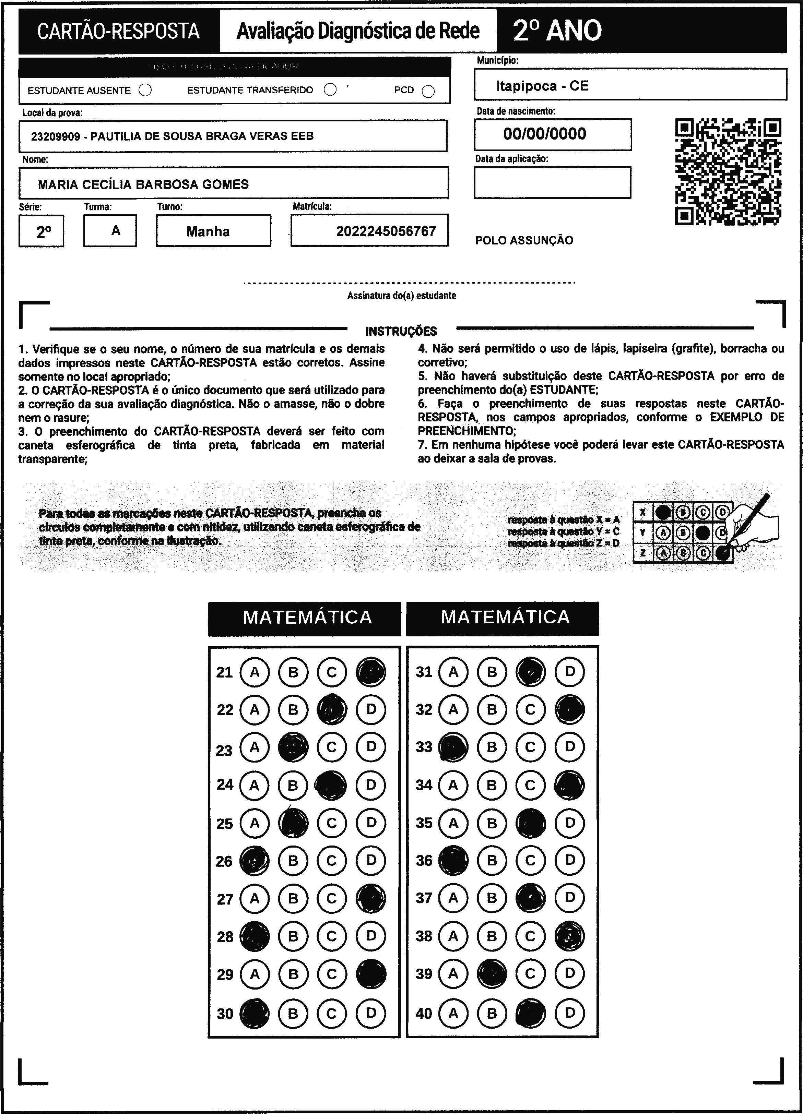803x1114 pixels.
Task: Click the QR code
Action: coord(728,171)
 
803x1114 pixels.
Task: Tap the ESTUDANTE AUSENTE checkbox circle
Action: coord(145,91)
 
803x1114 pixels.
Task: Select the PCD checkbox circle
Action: coord(428,91)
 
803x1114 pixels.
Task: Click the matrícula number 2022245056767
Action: coord(386,231)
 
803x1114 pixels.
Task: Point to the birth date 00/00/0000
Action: coord(544,134)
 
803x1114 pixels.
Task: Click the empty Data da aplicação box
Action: coord(552,182)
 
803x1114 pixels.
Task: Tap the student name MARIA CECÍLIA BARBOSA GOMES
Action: coord(143,185)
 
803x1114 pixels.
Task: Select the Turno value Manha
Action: coord(208,231)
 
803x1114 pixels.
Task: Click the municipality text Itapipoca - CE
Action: coord(542,86)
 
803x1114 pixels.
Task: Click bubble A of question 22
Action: coord(255,710)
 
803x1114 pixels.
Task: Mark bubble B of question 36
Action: coord(492,861)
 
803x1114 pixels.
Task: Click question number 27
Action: coord(225,899)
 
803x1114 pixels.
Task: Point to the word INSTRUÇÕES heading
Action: coord(401,331)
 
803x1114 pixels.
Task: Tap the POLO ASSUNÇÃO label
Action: coord(524,241)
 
